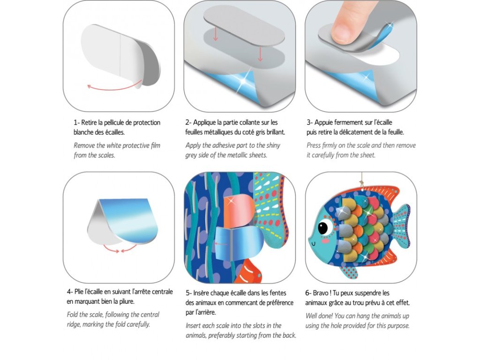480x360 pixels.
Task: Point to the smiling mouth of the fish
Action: (314, 244)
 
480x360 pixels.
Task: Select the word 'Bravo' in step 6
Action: (321, 293)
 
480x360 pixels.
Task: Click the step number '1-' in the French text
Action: (76, 122)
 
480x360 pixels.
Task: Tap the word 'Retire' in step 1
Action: (89, 122)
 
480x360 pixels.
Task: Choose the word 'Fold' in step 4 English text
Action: (72, 315)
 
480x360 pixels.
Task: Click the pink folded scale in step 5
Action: (238, 211)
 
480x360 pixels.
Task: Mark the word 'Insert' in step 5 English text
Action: (194, 325)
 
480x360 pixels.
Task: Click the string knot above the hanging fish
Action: (362, 184)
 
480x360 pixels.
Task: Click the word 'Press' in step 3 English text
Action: (314, 145)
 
